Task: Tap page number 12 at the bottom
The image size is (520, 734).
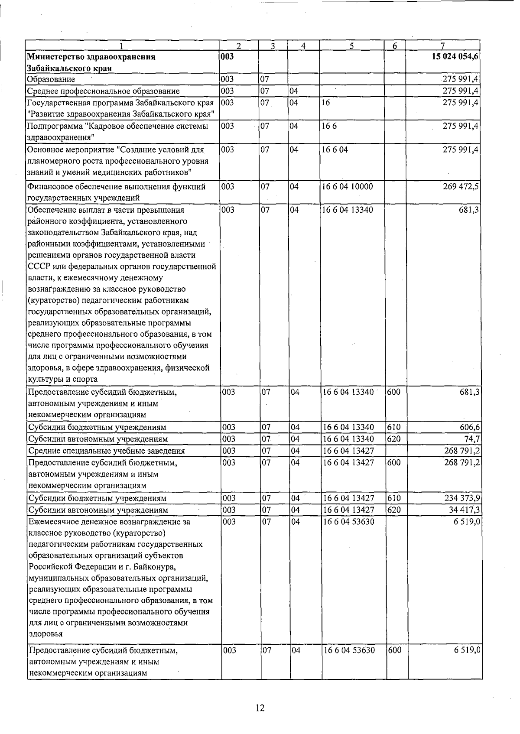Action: tap(260, 708)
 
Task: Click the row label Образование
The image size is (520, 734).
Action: tap(51, 79)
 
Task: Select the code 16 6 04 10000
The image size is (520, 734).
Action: tap(348, 187)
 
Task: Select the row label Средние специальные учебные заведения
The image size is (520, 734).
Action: tap(106, 451)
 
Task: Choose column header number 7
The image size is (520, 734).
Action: tap(442, 45)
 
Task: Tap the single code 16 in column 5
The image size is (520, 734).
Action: tap(326, 103)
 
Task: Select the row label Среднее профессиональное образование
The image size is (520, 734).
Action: tap(103, 91)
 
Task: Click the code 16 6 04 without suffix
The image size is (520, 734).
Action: tap(335, 149)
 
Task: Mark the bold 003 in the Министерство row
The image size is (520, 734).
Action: tap(227, 57)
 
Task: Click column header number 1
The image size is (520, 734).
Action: tap(122, 45)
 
